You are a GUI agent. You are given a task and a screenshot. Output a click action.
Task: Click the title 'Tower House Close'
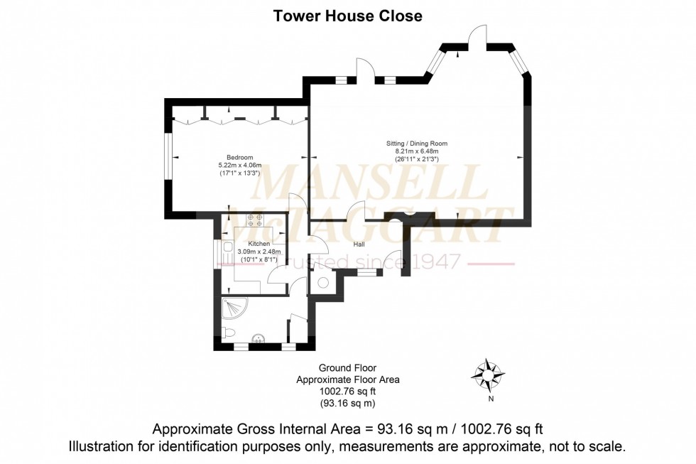(348, 16)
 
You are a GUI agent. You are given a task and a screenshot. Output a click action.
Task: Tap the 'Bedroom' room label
(239, 157)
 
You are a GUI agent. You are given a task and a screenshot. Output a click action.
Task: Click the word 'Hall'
(359, 244)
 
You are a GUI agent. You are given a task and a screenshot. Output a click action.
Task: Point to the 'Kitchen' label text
(259, 244)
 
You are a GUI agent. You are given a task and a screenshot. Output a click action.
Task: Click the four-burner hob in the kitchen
(255, 220)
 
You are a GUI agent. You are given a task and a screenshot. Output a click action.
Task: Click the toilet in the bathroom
(228, 333)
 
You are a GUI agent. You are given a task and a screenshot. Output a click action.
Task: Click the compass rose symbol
(489, 372)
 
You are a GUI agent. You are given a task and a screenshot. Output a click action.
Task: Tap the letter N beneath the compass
(491, 399)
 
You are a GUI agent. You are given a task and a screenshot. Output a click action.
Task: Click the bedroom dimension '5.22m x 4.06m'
(239, 165)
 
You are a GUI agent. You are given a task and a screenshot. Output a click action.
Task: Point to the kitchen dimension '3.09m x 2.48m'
(259, 252)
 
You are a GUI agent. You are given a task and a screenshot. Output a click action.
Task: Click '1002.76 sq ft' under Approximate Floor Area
(348, 392)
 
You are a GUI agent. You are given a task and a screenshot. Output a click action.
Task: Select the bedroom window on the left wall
(168, 156)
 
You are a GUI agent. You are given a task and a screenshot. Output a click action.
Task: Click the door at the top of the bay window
(478, 37)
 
